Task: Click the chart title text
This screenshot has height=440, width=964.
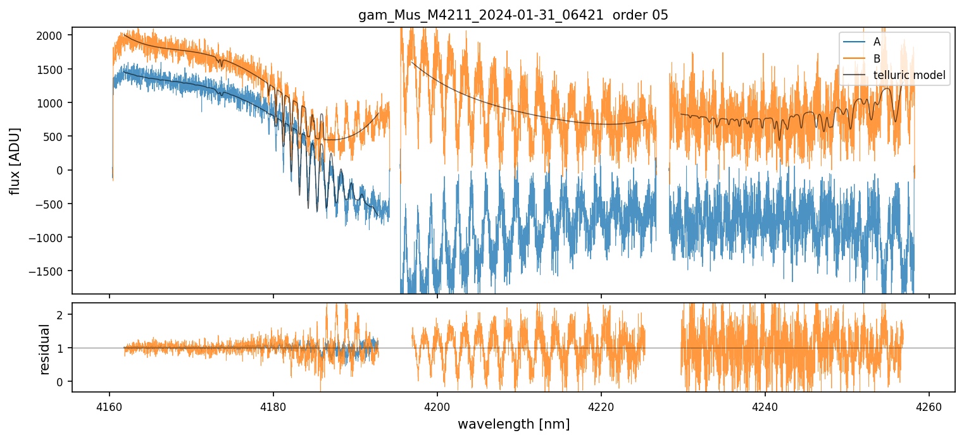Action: coord(513,15)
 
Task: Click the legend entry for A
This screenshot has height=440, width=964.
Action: coord(877,42)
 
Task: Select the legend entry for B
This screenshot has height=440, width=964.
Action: coord(877,59)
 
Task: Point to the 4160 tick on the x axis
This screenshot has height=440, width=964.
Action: coord(110,406)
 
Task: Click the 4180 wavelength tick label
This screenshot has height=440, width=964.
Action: coord(273,406)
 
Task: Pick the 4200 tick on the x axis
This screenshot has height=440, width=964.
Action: coord(437,406)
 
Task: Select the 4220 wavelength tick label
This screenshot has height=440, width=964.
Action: coord(601,406)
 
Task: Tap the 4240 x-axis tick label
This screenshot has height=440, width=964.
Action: coord(765,406)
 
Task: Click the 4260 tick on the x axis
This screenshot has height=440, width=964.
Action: coord(929,406)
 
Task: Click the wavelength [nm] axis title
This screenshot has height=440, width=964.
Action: coord(513,424)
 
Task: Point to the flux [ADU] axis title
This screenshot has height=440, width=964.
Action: coord(14,161)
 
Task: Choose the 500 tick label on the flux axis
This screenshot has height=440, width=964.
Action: coord(56,137)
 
